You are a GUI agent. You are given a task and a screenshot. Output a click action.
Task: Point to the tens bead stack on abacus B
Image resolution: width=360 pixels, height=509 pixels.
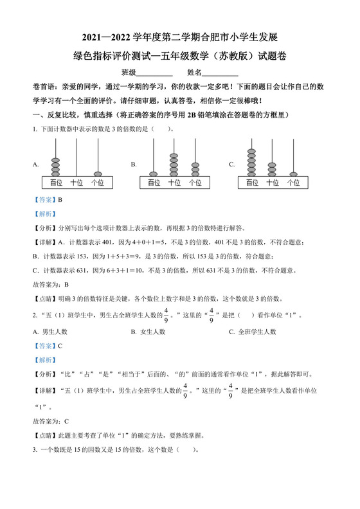coord(174,164)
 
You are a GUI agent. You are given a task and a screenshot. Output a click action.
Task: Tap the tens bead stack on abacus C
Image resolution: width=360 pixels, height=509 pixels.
coord(273,168)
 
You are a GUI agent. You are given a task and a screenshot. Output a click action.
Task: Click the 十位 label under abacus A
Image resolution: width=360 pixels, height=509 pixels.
coord(76,183)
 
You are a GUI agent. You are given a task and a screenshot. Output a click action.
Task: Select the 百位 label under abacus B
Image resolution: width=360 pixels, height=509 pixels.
coord(153,183)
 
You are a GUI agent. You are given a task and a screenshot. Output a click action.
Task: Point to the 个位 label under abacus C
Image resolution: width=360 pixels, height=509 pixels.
coord(294,183)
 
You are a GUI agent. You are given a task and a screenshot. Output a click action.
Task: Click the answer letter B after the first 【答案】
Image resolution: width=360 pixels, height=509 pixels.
coord(60,200)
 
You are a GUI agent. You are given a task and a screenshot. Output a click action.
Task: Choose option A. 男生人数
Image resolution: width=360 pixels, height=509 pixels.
coord(51,332)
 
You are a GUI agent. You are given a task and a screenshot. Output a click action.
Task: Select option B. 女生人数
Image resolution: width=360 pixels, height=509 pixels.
coord(148,332)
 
